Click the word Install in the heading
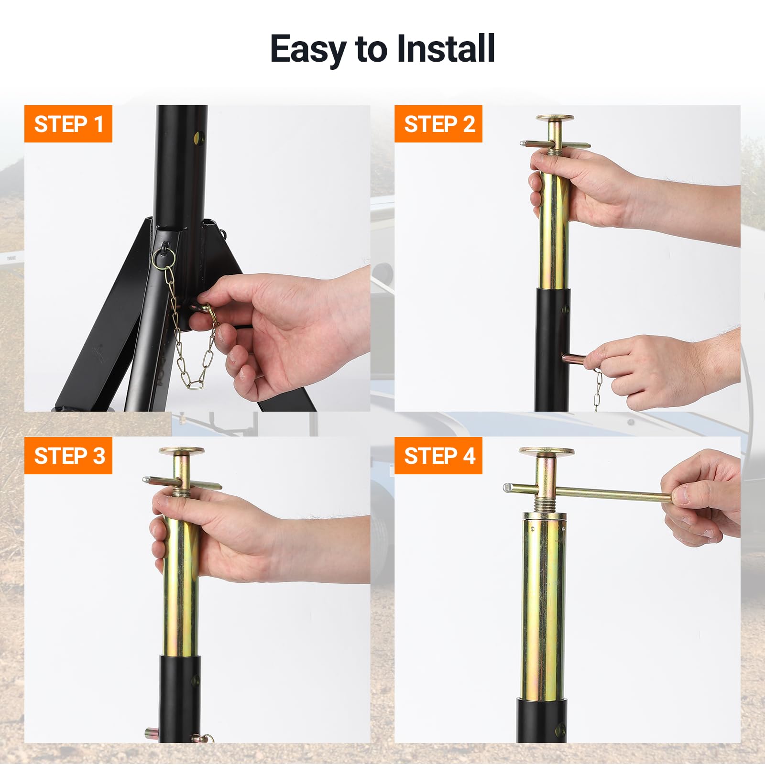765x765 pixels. click(x=446, y=49)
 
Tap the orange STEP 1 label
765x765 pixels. click(x=68, y=124)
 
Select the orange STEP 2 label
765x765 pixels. click(x=438, y=124)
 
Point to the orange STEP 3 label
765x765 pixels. click(x=68, y=456)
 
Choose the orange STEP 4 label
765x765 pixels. click(x=438, y=456)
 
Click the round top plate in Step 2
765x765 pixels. click(x=555, y=118)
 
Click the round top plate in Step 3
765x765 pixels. click(x=182, y=451)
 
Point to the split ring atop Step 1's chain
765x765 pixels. click(x=164, y=258)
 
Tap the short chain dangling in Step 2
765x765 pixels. click(x=598, y=390)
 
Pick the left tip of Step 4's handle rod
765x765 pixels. click(x=505, y=488)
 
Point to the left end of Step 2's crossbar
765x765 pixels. click(x=521, y=142)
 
